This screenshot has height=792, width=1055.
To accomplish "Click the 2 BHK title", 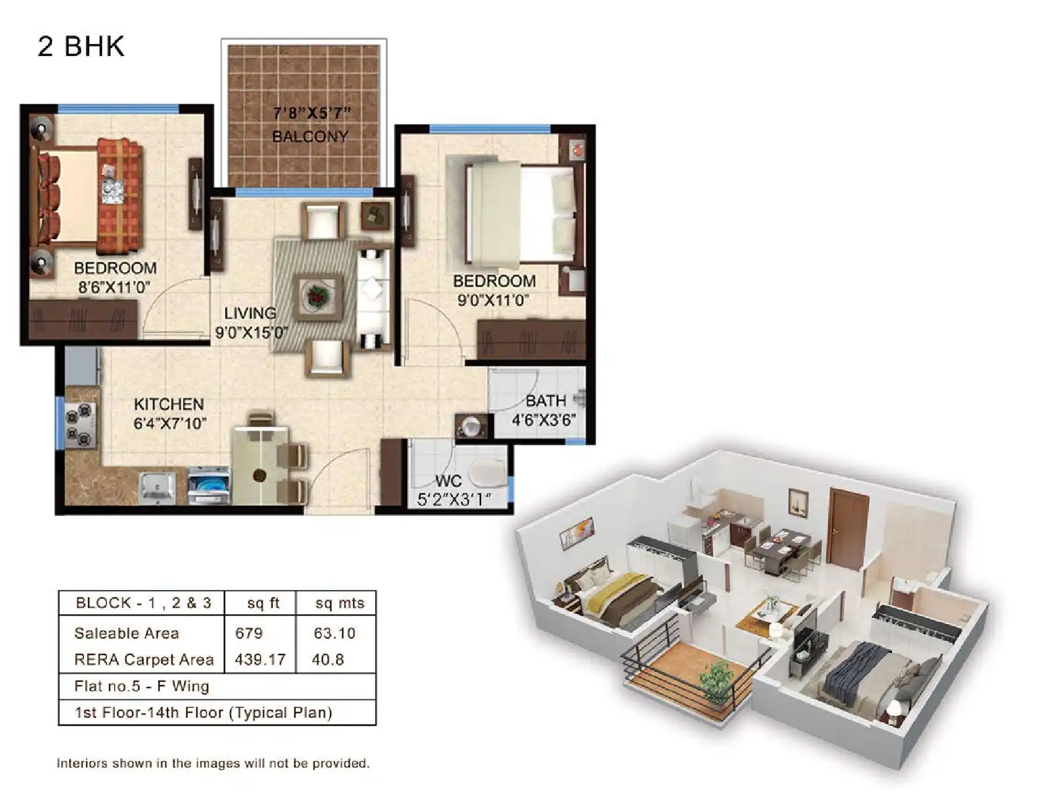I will coord(81,46).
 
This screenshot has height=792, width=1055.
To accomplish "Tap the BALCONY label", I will coord(310,136).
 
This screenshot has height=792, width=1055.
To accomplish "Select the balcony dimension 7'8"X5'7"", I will coord(312,113).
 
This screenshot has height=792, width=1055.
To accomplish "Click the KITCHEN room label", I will coord(169,404).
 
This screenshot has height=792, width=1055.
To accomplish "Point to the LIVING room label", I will coord(250,313).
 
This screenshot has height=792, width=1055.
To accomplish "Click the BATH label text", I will coord(545,401).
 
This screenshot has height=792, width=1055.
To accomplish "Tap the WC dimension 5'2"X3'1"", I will coord(454,500).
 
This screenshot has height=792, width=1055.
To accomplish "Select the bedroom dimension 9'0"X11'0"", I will coord(493,301).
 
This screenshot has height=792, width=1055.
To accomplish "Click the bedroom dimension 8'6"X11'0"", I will coord(114,287).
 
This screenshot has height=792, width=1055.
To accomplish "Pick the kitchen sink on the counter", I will coord(157,488).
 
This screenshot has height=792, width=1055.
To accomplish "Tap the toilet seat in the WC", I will coord(487,474).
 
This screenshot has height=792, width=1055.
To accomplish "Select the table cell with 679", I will coord(248,633).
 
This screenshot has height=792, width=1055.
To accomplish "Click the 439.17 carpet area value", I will coord(260,660).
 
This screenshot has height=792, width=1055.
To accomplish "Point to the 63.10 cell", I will coord(334,633).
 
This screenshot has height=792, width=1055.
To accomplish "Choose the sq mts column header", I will coord(339,603).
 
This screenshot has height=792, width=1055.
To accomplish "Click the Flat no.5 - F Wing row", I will coord(141,686).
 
